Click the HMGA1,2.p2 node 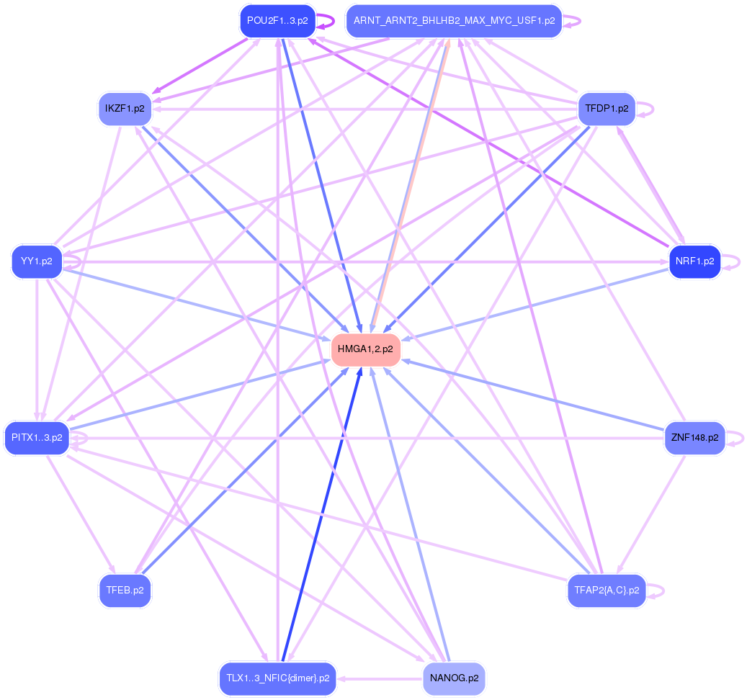pos(365,349)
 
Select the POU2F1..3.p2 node pos(277,21)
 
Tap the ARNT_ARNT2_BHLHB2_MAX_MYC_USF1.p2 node pos(454,21)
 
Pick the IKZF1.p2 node pos(125,109)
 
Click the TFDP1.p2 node pos(607,109)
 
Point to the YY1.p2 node pos(37,261)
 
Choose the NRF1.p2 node pos(694,261)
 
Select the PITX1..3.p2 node pos(37,437)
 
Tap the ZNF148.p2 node pos(694,437)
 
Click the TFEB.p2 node pos(125,591)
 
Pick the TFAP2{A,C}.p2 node pos(607,591)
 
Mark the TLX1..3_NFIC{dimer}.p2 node pos(277,678)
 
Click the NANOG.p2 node pos(454,678)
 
